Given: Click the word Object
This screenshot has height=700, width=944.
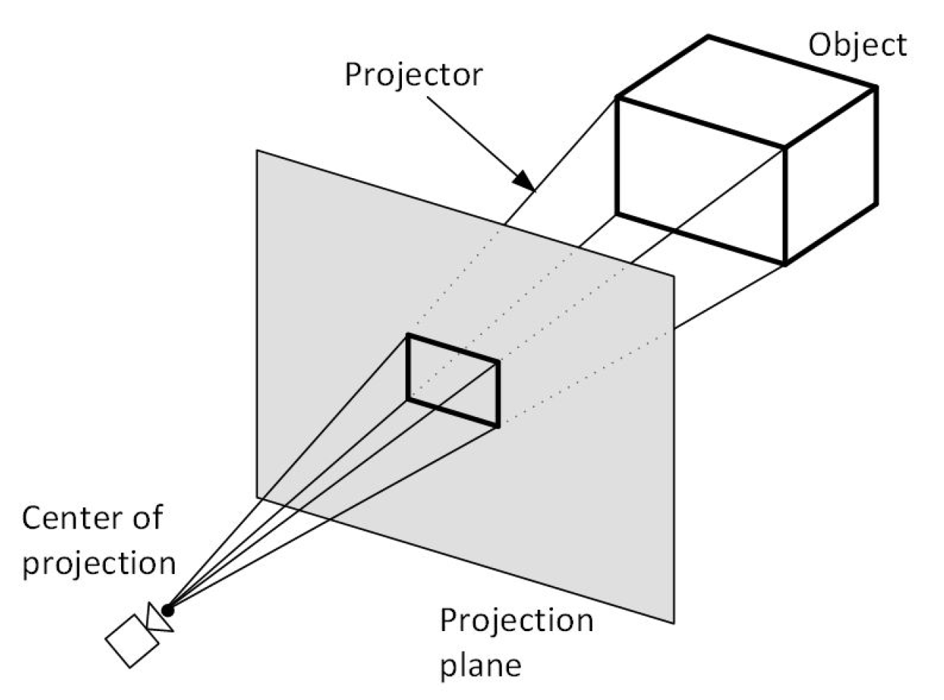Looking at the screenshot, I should click(x=857, y=45).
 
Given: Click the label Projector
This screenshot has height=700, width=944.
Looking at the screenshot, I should click(x=414, y=74).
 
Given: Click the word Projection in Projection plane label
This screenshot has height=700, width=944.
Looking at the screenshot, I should click(x=516, y=620).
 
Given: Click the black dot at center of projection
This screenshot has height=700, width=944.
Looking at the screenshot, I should click(x=168, y=609).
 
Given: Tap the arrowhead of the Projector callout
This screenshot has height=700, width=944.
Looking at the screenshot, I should click(x=522, y=179).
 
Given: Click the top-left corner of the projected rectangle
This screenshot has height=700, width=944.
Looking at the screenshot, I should click(x=408, y=335).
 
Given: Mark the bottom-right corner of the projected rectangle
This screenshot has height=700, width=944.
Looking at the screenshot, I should click(x=498, y=425).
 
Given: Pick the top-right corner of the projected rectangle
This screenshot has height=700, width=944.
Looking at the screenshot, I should click(x=498, y=361).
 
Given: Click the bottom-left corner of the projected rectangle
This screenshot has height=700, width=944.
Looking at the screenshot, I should click(x=408, y=399).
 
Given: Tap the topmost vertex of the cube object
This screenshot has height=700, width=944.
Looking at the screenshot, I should click(x=709, y=36).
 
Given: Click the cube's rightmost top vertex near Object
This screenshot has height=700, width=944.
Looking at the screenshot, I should click(x=876, y=87).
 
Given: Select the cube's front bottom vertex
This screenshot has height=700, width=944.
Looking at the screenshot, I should click(x=785, y=264).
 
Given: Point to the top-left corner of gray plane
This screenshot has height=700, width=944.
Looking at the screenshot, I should click(x=257, y=150).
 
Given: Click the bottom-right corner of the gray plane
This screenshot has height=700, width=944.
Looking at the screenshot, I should click(x=673, y=623).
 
